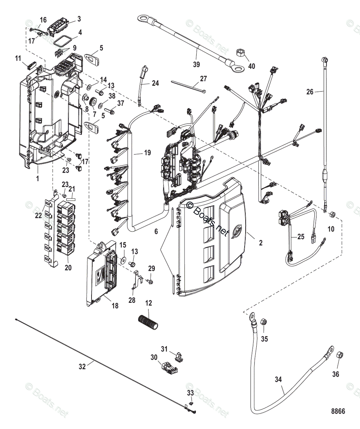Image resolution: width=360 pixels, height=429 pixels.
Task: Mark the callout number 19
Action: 137,153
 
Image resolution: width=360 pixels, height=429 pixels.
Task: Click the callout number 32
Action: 83,366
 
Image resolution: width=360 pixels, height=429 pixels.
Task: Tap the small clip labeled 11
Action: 31,65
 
